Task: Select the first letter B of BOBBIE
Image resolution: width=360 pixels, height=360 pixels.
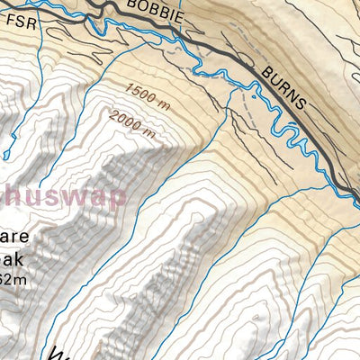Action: coord(133,6)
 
